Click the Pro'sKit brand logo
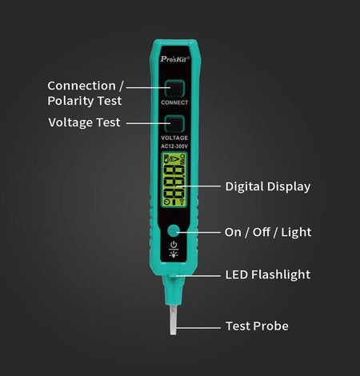(x=175, y=59)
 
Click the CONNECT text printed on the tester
(x=174, y=102)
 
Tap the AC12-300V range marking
(x=174, y=146)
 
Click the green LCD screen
(x=174, y=180)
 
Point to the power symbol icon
(x=174, y=244)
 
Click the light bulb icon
(x=174, y=254)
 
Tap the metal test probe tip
(x=174, y=320)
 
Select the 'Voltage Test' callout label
(x=84, y=122)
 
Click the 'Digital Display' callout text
(x=268, y=186)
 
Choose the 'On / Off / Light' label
(x=268, y=232)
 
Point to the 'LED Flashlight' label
(x=268, y=274)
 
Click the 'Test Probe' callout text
(x=257, y=326)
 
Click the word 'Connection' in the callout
(x=82, y=86)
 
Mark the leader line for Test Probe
(x=198, y=328)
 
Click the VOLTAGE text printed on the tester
(x=174, y=138)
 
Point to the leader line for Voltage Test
(x=148, y=123)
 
